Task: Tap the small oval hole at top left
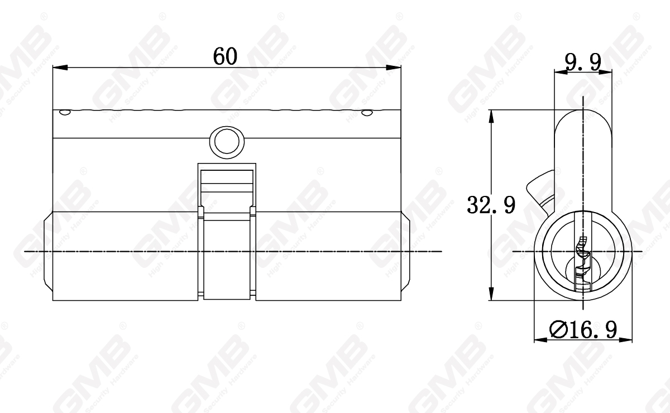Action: pos(65,113)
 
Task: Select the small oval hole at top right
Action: pos(366,113)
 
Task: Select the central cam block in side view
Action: pos(226,254)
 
